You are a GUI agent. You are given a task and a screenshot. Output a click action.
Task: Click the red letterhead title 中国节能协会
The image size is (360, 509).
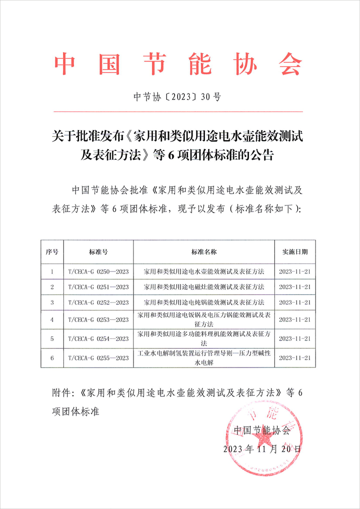coord(178,64)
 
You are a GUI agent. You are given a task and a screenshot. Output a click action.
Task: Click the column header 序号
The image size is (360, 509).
coord(52,251)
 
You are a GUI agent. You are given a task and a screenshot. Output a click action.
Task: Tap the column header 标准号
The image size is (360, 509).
coord(98,251)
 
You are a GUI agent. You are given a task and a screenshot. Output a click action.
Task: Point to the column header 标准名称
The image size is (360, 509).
coord(203,251)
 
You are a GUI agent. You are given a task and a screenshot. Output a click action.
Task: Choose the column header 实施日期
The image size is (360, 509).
coord(295,251)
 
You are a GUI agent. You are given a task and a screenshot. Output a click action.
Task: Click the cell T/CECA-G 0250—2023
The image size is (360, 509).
coord(98,271)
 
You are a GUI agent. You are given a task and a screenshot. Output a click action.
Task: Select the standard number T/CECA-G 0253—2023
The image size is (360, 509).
coord(98,319)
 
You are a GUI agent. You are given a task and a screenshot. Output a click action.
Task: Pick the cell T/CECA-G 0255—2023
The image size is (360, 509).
coord(98,358)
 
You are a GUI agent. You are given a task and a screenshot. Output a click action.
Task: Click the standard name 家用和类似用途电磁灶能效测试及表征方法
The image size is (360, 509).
coord(203,287)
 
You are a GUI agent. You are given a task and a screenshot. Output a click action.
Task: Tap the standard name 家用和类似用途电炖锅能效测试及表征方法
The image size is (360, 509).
coord(203,302)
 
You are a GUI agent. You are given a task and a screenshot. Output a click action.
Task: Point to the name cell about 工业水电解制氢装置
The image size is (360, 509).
coord(203,358)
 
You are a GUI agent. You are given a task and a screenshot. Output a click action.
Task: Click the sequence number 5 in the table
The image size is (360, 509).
coord(52,339)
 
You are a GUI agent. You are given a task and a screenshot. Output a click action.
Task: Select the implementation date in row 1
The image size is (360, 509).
coord(295,271)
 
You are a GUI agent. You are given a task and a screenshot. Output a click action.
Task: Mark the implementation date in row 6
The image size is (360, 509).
coord(295,358)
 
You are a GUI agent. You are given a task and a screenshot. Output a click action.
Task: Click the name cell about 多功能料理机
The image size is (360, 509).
coord(203,338)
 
